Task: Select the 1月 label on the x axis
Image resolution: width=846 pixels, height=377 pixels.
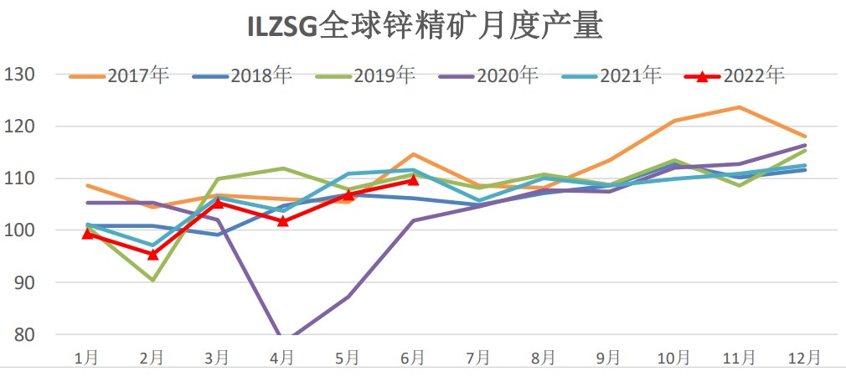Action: pyautogui.click(x=86, y=358)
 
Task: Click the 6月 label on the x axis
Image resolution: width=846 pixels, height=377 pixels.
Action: pyautogui.click(x=413, y=358)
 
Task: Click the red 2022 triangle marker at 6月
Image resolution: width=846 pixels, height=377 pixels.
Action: pyautogui.click(x=413, y=180)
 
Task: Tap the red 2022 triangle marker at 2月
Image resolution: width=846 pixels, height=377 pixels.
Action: pyautogui.click(x=152, y=254)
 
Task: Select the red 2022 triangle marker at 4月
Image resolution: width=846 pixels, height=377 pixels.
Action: pyautogui.click(x=283, y=221)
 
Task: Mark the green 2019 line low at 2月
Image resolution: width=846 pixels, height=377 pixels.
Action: pyautogui.click(x=152, y=280)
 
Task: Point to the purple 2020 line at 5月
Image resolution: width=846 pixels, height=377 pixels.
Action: pyautogui.click(x=348, y=297)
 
